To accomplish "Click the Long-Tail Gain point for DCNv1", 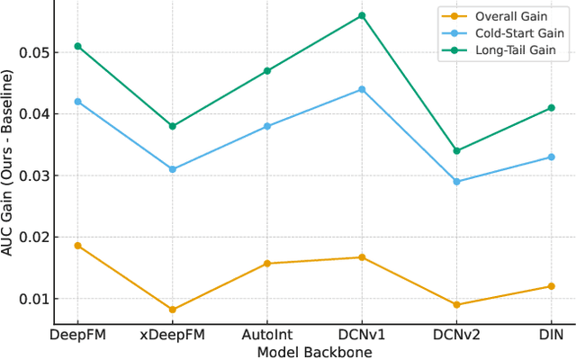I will [362, 15].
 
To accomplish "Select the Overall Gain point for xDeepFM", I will [172, 310].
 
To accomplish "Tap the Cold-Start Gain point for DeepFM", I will [77, 102].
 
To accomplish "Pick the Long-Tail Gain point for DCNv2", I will [456, 151].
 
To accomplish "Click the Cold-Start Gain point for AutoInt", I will [267, 126].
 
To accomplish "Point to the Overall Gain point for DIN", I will [551, 286].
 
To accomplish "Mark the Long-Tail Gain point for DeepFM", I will [77, 46].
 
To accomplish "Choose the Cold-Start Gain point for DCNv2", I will [456, 182].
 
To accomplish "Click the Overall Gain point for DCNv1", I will [362, 257].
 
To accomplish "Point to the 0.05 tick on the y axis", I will [31, 52].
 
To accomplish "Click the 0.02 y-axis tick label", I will [31, 238].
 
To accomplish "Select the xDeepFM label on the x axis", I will [172, 335].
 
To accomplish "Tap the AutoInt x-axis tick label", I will [267, 335].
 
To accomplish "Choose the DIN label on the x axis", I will [551, 335].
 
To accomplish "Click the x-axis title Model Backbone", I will [314, 352].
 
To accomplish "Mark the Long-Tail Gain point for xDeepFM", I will [172, 126].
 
